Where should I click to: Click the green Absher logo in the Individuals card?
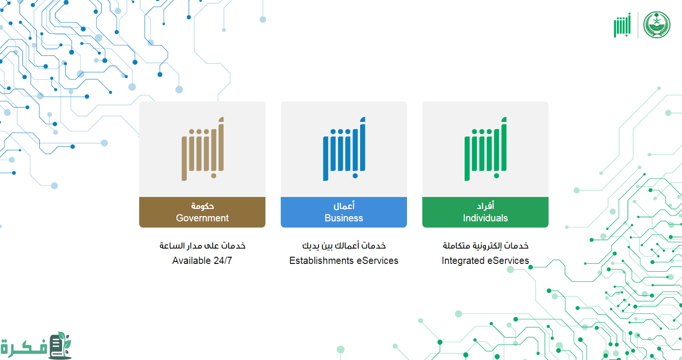485,149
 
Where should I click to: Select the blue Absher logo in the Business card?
344,149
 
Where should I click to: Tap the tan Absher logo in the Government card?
203,149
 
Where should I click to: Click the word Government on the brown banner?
202,218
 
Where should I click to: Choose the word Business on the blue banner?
344,218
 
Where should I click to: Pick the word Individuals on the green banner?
485,218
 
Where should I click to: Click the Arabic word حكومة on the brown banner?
202,206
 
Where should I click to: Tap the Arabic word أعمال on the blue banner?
344,206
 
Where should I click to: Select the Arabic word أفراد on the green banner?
485,206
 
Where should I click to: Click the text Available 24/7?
202,261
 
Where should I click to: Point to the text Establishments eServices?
344,261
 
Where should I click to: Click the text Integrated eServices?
485,261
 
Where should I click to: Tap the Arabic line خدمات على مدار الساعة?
202,246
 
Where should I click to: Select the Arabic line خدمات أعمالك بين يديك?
344,246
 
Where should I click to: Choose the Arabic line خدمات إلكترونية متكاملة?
485,246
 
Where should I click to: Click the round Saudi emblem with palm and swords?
657,25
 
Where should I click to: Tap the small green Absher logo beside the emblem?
622,25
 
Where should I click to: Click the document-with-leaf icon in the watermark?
60,345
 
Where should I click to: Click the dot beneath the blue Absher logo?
355,176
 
